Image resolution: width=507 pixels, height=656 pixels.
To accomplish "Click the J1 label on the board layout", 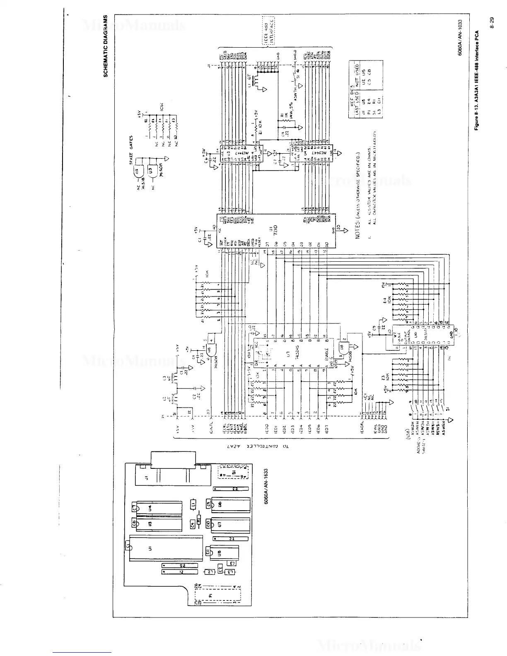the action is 147,479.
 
